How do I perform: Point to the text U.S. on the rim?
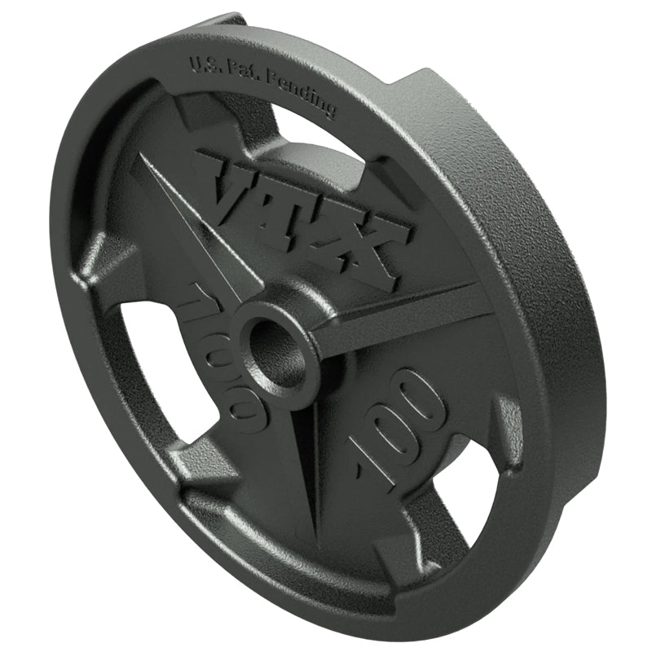[205, 65]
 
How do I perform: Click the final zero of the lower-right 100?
[428, 399]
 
